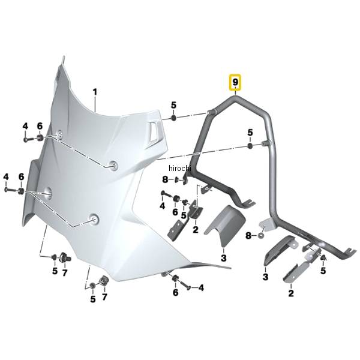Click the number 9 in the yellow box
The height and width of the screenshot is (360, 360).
click(235, 82)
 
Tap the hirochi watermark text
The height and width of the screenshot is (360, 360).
click(180, 168)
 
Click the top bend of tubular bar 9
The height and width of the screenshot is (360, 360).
click(235, 98)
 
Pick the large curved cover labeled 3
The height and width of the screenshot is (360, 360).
click(224, 226)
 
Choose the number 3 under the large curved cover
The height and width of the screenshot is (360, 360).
click(224, 258)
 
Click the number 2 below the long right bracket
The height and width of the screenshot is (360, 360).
click(291, 293)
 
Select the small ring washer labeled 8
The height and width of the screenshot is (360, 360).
click(260, 235)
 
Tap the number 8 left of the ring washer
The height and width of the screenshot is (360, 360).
click(248, 236)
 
